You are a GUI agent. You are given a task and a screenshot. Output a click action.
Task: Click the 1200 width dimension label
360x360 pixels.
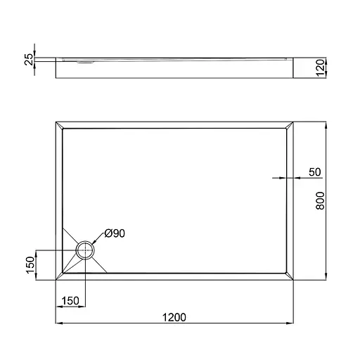174,317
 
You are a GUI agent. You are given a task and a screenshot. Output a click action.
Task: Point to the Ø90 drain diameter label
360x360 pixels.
115,233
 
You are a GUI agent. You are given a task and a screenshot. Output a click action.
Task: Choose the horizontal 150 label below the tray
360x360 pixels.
69,301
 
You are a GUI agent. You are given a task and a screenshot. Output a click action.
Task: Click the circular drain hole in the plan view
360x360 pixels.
85,250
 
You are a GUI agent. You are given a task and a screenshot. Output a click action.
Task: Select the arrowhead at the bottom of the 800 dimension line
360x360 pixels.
327,278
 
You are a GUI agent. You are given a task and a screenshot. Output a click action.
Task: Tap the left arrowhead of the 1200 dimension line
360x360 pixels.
58,324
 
